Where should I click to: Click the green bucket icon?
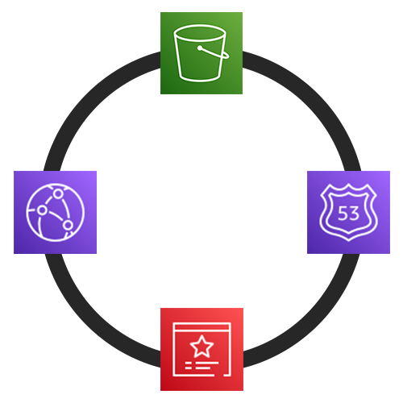point(201,53)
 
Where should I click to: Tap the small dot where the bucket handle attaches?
point(200,48)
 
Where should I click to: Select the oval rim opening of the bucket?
point(199,33)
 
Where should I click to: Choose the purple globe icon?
point(55,212)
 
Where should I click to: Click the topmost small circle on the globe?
point(58,193)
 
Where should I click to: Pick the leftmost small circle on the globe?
point(42,210)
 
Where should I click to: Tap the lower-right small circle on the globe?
point(69,225)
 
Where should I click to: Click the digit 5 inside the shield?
point(342,214)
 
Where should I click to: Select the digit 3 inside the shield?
point(354,214)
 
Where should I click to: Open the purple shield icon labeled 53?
point(348,212)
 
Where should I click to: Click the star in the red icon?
point(201,346)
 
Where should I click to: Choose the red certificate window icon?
point(201,349)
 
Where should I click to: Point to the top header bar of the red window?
point(201,327)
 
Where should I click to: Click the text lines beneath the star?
point(201,365)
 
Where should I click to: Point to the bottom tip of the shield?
point(349,241)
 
